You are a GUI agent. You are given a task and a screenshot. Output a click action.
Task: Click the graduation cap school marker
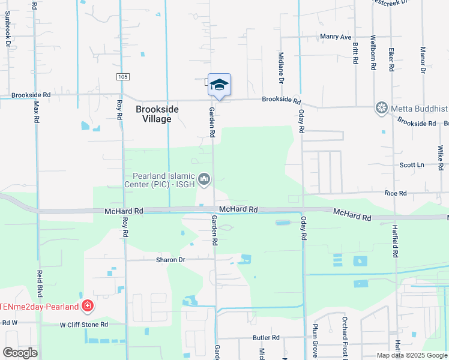pos(219,84)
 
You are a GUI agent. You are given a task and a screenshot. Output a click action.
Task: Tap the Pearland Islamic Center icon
pos(204,179)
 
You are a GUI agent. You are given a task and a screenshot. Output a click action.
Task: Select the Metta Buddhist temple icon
pos(381,108)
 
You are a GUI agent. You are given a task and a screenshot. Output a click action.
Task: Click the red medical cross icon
pos(88,307)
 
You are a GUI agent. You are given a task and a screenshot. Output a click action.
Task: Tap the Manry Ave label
pos(336,37)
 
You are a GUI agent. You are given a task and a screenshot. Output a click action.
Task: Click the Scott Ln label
pos(412,165)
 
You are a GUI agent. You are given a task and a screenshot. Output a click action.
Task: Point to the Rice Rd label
pos(396,193)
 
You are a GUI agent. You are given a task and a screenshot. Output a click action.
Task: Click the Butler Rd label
pos(267,338)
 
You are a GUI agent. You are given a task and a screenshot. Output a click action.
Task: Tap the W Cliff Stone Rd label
pos(83,325)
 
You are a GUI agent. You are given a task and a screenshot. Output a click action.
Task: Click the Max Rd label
pos(36,112)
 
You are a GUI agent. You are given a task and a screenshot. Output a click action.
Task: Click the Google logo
pos(20,353)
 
